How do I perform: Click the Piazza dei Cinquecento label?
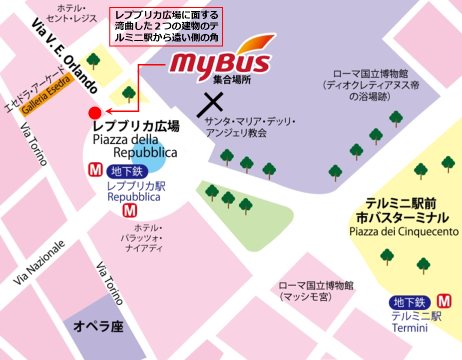click(404, 231)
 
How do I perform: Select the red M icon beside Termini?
click(444, 301)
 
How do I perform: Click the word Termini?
click(410, 328)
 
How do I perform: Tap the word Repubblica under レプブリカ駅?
click(134, 197)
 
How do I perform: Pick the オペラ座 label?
click(98, 327)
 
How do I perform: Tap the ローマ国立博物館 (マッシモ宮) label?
click(316, 291)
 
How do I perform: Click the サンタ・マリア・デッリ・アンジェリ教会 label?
click(250, 127)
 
